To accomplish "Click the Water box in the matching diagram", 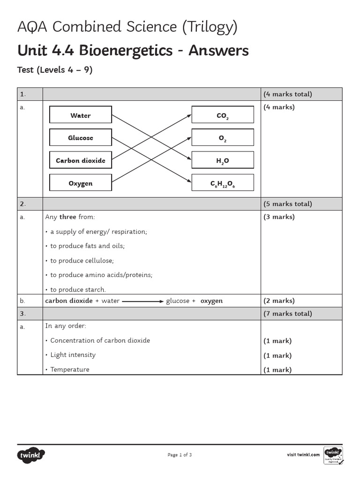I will (81, 115).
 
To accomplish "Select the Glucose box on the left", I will (81, 138).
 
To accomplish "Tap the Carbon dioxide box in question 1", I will (81, 160).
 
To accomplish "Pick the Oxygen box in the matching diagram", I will (81, 183).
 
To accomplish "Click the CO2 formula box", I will (223, 115).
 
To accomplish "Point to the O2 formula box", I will (223, 138).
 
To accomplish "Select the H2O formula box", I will (223, 160).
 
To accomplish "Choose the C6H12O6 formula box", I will (223, 183).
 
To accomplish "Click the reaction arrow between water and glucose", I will (143, 301).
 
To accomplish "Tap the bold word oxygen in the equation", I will (211, 301).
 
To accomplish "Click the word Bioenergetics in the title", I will (120, 50).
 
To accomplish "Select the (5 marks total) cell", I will (287, 204).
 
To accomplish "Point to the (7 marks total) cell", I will (287, 314).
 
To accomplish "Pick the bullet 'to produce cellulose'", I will (82, 261).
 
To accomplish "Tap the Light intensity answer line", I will (73, 355).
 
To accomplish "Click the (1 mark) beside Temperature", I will (277, 370).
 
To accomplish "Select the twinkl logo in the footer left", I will (31, 455).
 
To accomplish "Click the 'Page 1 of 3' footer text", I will (180, 455).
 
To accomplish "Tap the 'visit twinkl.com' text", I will (303, 455).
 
